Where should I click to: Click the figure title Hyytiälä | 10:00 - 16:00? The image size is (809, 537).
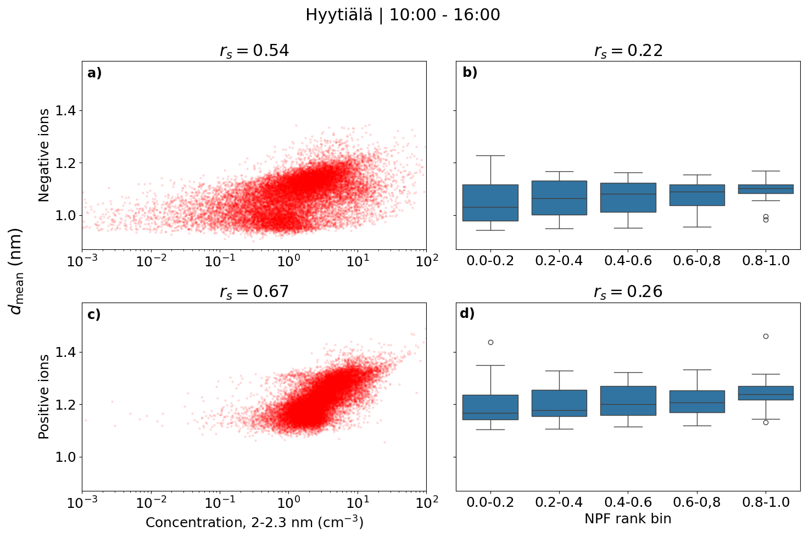[403, 15]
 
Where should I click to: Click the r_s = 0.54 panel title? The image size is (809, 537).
[254, 51]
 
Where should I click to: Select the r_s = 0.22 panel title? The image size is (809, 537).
[628, 51]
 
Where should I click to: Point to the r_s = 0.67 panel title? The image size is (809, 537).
[254, 292]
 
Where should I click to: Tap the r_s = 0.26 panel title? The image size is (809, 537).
[628, 292]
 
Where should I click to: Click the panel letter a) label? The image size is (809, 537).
[94, 73]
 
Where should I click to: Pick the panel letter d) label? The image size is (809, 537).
[467, 314]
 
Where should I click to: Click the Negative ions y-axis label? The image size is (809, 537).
[44, 155]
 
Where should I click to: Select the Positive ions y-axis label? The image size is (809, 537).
[44, 396]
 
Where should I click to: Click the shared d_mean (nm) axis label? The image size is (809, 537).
[16, 271]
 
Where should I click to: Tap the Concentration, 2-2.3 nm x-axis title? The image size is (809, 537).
[254, 522]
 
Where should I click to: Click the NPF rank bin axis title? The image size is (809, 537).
[628, 519]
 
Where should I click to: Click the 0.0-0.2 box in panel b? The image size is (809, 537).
[490, 203]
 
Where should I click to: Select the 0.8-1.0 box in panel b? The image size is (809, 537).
[766, 189]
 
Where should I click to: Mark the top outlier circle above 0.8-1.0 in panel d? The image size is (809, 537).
[766, 336]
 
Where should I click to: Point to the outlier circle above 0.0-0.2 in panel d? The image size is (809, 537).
[490, 342]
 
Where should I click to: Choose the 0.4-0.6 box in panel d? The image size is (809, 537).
[628, 400]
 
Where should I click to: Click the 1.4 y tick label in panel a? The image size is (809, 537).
[66, 111]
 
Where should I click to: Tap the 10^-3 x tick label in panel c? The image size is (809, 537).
[82, 502]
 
